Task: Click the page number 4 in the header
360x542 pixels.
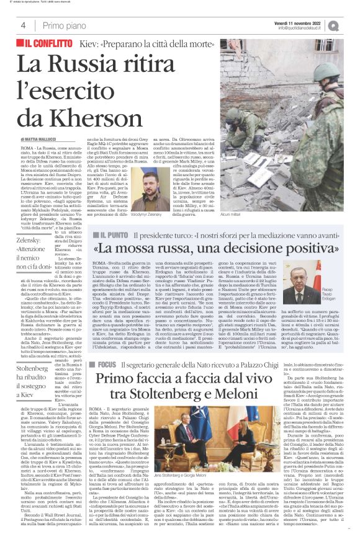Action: [x=23, y=25]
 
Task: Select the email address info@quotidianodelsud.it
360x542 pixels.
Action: [x=302, y=28]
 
